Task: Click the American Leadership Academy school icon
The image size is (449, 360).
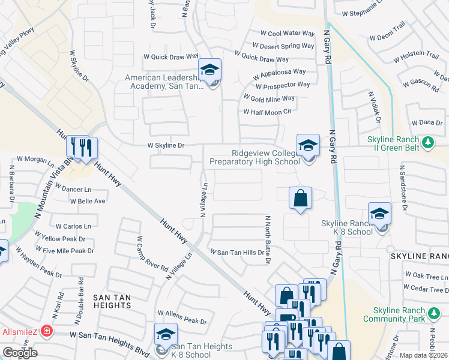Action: pyautogui.click(x=209, y=71)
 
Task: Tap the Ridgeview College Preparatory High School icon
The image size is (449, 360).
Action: pyautogui.click(x=308, y=146)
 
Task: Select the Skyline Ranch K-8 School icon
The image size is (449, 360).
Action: pyautogui.click(x=379, y=215)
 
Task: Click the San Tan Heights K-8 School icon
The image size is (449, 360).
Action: pyautogui.click(x=166, y=335)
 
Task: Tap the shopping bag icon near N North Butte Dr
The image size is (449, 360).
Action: pyautogui.click(x=300, y=198)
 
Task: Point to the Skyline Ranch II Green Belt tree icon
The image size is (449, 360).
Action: pyautogui.click(x=427, y=142)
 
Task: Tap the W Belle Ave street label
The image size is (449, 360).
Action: pyautogui.click(x=88, y=201)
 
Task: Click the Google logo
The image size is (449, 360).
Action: pyautogui.click(x=20, y=353)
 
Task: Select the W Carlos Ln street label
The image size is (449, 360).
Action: pyautogui.click(x=73, y=226)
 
